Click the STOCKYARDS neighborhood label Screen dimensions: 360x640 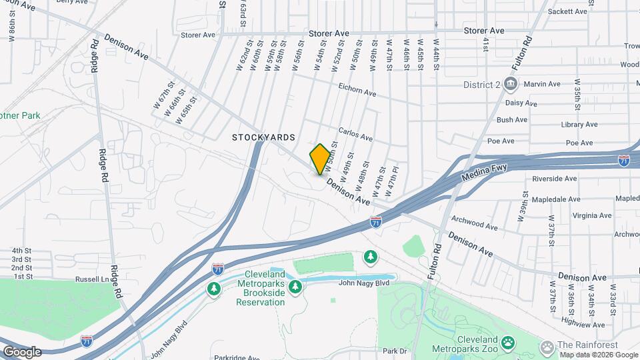[x=263, y=137]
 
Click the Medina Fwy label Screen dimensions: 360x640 [x=485, y=174]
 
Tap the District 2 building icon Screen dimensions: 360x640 [x=511, y=84]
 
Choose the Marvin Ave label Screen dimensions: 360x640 [x=542, y=84]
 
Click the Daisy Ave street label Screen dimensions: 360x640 [x=521, y=103]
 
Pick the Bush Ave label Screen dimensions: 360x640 [x=512, y=120]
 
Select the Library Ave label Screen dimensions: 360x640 [x=579, y=125]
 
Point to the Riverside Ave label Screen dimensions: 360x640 [x=555, y=179]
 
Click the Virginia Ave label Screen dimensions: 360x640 [x=591, y=215]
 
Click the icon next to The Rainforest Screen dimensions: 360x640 [x=547, y=347]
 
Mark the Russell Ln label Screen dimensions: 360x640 [x=92, y=279]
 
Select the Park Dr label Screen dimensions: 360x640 [x=395, y=351]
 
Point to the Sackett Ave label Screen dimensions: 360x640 [x=567, y=11]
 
